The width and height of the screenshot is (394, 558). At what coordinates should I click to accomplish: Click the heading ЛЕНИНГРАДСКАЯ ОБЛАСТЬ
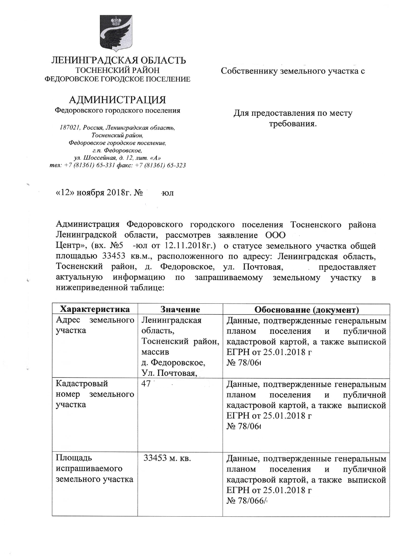(x=119, y=60)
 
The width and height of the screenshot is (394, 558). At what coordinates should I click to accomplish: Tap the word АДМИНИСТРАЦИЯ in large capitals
(x=117, y=100)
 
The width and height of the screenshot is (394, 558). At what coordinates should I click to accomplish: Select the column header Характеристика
(x=95, y=309)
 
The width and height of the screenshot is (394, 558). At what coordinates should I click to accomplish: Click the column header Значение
(x=180, y=309)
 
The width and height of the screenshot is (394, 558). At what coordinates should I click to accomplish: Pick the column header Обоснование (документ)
(x=306, y=309)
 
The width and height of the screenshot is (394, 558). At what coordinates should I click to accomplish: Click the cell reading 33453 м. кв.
(x=167, y=458)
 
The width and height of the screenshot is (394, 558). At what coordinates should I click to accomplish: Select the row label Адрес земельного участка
(x=95, y=325)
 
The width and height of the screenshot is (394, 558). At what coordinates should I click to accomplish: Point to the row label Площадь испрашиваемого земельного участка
(x=94, y=469)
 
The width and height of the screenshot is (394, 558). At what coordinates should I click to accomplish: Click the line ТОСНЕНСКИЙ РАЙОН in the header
(x=117, y=70)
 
